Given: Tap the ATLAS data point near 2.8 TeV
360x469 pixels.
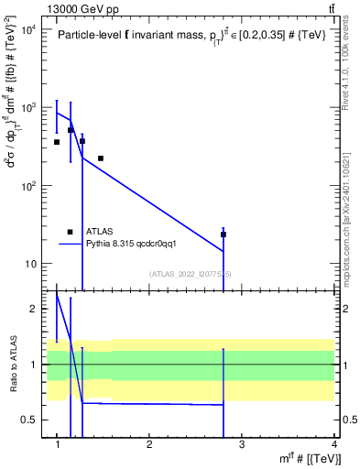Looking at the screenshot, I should [x=224, y=234].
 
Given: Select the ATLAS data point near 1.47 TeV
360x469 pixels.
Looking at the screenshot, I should [x=101, y=158].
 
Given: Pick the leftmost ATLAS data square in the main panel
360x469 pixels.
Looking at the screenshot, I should [x=57, y=142].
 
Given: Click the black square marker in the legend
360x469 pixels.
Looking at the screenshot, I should [x=70, y=233].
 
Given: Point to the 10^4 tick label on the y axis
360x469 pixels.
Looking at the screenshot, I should [x=27, y=29].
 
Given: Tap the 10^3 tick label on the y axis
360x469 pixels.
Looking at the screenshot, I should [x=27, y=108].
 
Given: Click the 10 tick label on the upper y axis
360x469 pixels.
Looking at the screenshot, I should [x=30, y=264].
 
